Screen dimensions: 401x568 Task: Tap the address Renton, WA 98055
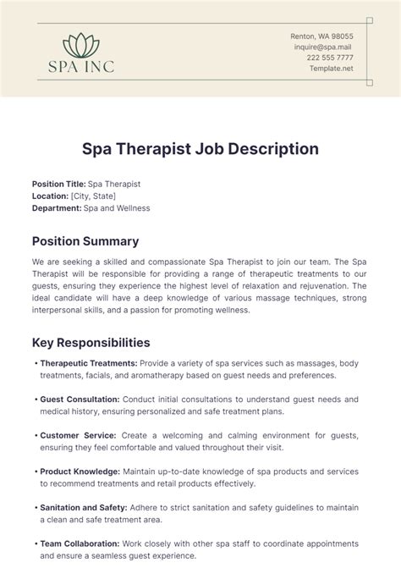(x=322, y=36)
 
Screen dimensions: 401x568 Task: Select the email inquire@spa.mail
(x=322, y=47)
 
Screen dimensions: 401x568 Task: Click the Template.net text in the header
(x=331, y=69)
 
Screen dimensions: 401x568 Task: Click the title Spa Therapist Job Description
(x=200, y=149)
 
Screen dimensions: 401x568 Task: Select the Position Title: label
(x=59, y=184)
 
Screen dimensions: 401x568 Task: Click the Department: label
(x=57, y=207)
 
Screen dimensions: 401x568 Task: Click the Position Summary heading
(x=85, y=241)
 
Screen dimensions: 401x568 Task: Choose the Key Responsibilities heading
(x=91, y=343)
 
